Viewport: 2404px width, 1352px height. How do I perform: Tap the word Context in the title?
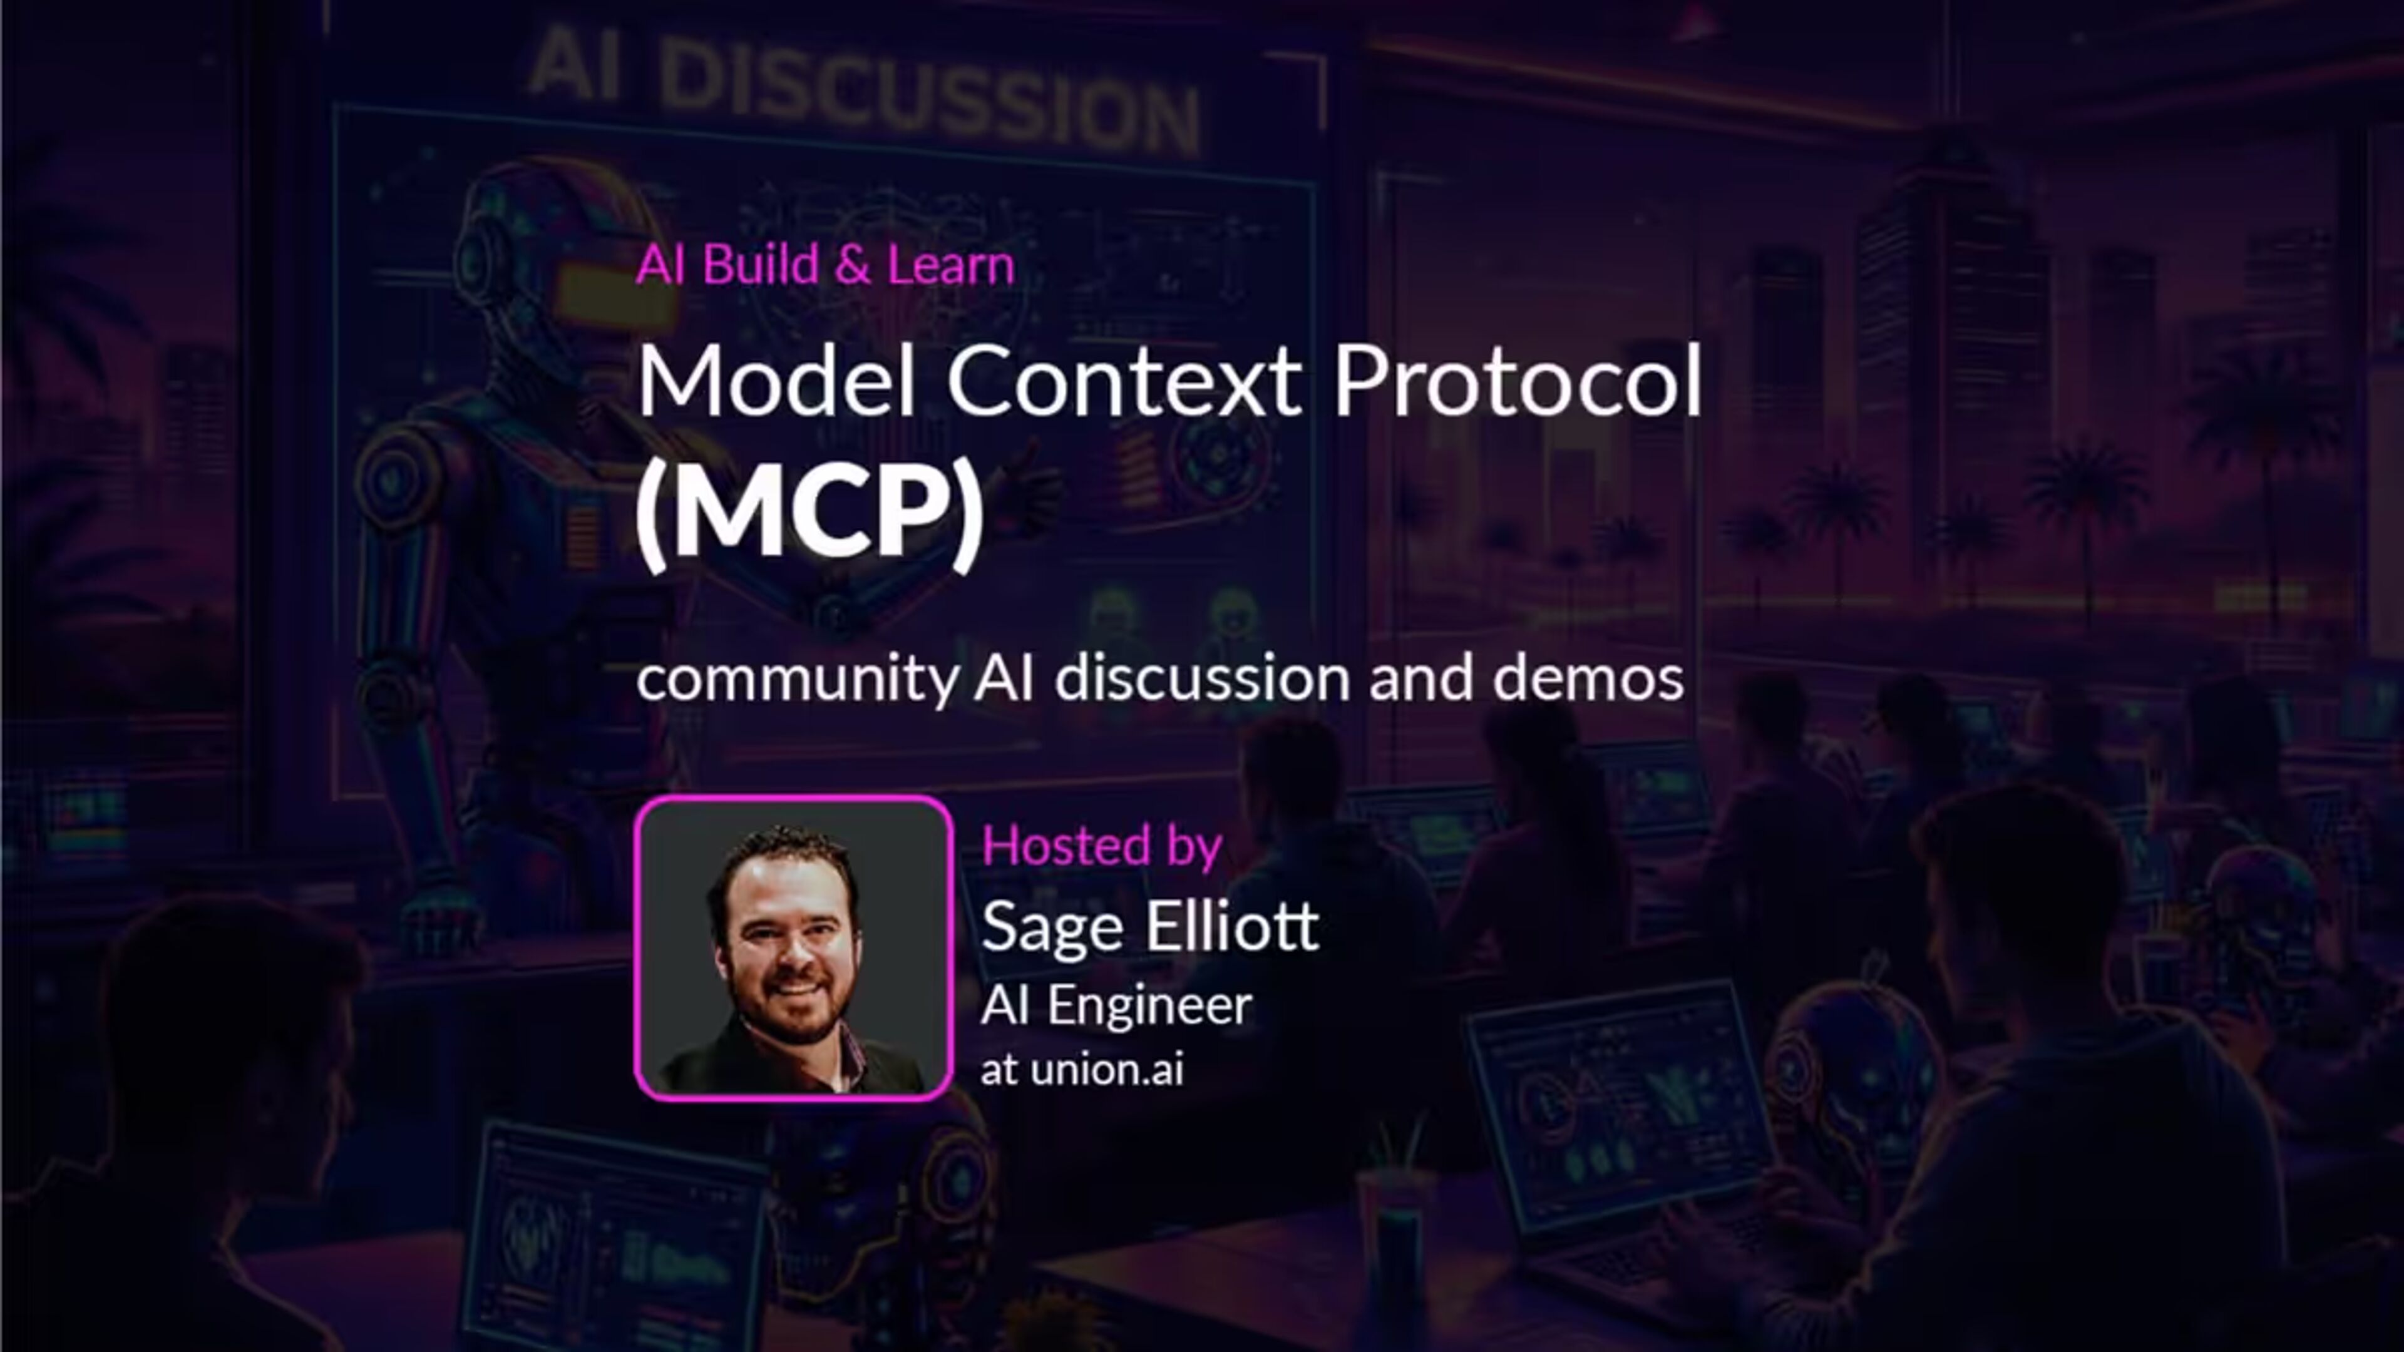tap(1124, 380)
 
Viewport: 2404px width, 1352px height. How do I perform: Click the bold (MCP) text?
tap(809, 511)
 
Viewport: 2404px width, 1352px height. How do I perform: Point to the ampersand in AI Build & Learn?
tap(852, 265)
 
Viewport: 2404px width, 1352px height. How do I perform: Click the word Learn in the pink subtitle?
tap(950, 265)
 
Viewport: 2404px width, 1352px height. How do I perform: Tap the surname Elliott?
tap(1233, 926)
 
